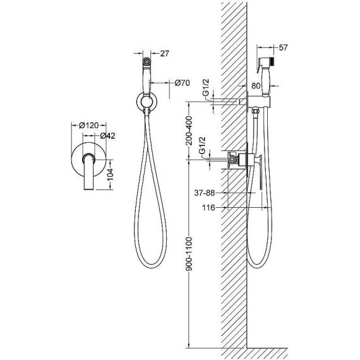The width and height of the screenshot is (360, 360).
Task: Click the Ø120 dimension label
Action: (88, 126)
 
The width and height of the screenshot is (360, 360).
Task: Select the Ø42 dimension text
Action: (107, 136)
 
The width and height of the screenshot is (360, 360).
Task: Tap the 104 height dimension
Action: (110, 174)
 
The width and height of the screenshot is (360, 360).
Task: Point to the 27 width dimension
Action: (164, 54)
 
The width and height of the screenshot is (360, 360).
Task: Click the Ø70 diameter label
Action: (183, 83)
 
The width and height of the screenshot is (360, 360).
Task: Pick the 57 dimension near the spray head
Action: (283, 47)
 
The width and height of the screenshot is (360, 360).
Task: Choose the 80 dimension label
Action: (256, 86)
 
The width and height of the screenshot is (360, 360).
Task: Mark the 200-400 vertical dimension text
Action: (189, 131)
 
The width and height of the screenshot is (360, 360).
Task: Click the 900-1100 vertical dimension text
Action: (189, 254)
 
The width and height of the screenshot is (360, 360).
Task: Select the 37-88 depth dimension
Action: (205, 193)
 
